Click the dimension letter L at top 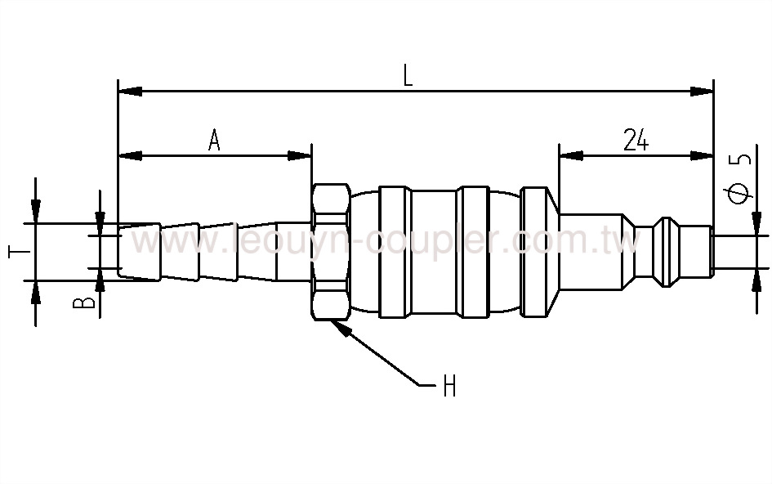tap(408, 75)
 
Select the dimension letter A tap(214, 140)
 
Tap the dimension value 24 tap(636, 140)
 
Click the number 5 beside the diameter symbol tap(740, 159)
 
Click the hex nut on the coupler tap(331, 251)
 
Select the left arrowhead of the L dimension tap(129, 90)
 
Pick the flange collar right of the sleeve tap(535, 251)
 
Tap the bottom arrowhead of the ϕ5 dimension tap(752, 279)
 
